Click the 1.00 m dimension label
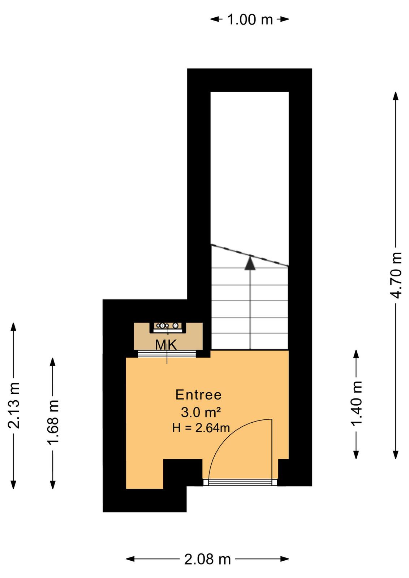pyautogui.click(x=250, y=20)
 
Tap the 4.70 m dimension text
pyautogui.click(x=395, y=275)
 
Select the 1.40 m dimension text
pyautogui.click(x=356, y=403)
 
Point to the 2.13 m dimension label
pyautogui.click(x=13, y=405)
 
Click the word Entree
pyautogui.click(x=198, y=395)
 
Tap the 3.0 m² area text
pyautogui.click(x=201, y=412)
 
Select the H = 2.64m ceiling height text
pyautogui.click(x=201, y=428)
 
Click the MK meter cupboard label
pyautogui.click(x=166, y=345)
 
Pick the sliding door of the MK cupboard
pyautogui.click(x=167, y=354)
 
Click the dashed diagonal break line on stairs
pyautogui.click(x=250, y=255)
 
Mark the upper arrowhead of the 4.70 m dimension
pyautogui.click(x=395, y=96)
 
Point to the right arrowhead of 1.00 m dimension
pyautogui.click(x=284, y=19)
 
